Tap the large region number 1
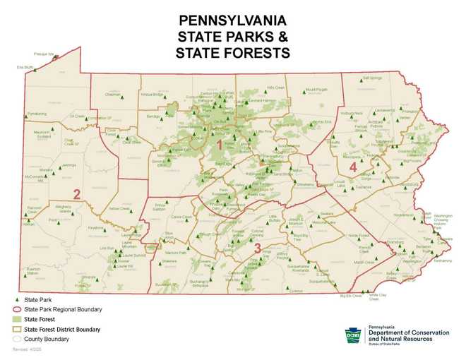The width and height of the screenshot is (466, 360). pyautogui.click(x=220, y=145)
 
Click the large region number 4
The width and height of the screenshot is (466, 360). pyautogui.click(x=352, y=167)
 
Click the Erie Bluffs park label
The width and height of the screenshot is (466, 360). pyautogui.click(x=25, y=68)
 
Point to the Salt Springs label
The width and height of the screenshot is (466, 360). pyautogui.click(x=372, y=78)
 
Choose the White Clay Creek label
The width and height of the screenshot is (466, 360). pyautogui.click(x=374, y=297)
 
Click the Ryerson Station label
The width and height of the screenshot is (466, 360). pyautogui.click(x=33, y=272)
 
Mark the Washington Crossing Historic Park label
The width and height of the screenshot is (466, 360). pyautogui.click(x=443, y=220)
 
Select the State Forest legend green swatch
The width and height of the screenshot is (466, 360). pyautogui.click(x=18, y=319)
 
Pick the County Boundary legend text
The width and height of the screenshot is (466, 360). pyautogui.click(x=47, y=339)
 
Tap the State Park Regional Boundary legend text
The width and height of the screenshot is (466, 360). pyautogui.click(x=63, y=309)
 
